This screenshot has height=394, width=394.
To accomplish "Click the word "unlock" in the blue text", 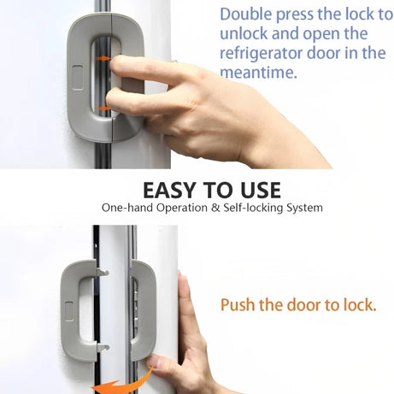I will click(245, 33).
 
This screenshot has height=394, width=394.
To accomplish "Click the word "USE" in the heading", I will click(257, 189).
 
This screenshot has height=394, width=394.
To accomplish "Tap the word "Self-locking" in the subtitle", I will click(238, 208).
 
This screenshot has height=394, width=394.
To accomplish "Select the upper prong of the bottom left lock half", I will click(102, 272).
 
